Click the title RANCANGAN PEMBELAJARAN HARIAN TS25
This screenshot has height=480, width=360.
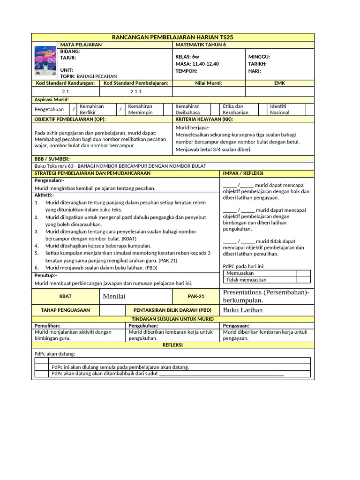point(173,37)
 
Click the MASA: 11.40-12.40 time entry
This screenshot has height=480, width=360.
point(197,64)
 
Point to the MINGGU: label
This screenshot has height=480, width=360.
point(259,57)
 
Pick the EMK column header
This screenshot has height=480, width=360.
point(279,83)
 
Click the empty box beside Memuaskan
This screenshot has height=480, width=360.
point(303,273)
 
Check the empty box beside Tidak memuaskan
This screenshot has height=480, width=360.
point(303,280)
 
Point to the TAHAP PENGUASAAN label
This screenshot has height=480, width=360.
point(66,310)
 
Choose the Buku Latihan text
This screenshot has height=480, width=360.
point(243,310)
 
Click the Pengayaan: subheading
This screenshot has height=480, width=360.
point(236,325)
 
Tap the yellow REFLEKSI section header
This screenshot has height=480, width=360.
point(172,345)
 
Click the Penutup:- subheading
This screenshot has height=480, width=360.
point(45,275)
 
